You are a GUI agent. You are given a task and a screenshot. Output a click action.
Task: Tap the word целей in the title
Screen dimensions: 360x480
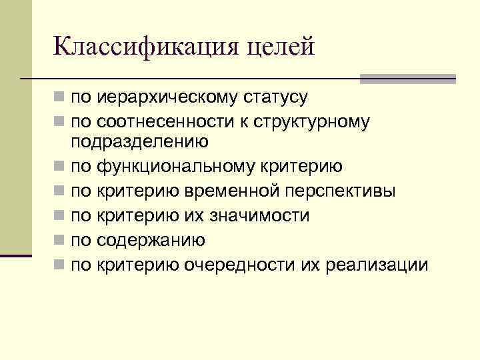click(279, 48)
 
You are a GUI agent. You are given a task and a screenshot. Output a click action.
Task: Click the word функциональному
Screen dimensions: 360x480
click(175, 166)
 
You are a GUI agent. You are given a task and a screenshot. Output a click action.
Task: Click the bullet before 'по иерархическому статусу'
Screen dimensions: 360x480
click(60, 99)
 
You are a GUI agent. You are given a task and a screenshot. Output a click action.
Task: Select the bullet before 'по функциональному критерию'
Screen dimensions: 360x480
click(60, 166)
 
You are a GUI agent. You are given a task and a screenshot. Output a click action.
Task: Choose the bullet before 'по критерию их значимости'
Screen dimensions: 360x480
click(60, 216)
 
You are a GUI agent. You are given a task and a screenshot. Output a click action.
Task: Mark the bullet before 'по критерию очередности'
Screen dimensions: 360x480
click(60, 265)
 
